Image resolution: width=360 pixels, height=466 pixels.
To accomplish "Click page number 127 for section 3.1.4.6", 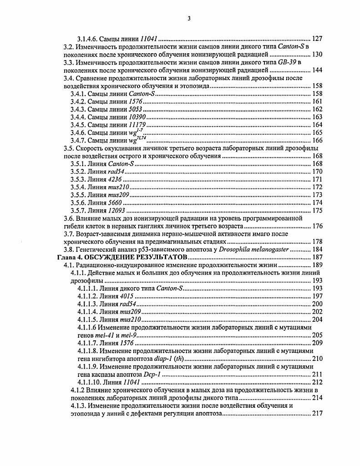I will coord(317,39).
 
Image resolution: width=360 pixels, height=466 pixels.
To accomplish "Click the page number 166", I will coord(317,140).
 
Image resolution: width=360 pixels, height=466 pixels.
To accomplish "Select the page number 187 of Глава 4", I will coord(317,258).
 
